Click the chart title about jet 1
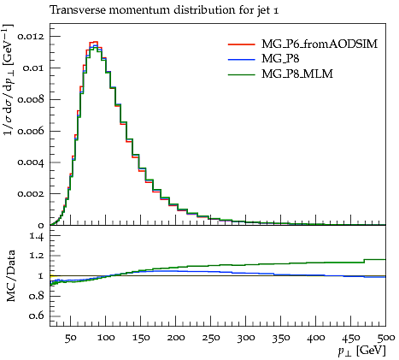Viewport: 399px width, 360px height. pyautogui.click(x=164, y=10)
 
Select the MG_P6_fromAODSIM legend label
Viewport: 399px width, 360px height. pyautogui.click(x=320, y=44)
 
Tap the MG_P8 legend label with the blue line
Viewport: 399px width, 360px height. pyautogui.click(x=280, y=59)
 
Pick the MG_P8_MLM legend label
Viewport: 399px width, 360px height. pyautogui.click(x=297, y=74)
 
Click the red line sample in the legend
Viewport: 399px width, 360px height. pyautogui.click(x=241, y=44)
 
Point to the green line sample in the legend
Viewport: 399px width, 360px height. pyautogui.click(x=241, y=74)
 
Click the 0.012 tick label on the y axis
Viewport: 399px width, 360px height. pyautogui.click(x=31, y=37)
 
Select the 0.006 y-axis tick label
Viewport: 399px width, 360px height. pyautogui.click(x=31, y=131)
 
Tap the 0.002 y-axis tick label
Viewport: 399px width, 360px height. pyautogui.click(x=31, y=194)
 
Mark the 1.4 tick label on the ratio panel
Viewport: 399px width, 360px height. pyautogui.click(x=37, y=236)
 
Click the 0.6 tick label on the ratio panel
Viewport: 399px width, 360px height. pyautogui.click(x=37, y=316)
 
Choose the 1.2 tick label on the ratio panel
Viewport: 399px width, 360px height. pyautogui.click(x=37, y=256)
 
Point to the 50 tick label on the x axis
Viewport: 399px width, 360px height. pyautogui.click(x=70, y=338)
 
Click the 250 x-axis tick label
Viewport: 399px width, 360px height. pyautogui.click(x=211, y=338)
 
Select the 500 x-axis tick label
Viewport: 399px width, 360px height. pyautogui.click(x=386, y=338)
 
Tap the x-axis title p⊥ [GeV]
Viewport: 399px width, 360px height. pyautogui.click(x=362, y=351)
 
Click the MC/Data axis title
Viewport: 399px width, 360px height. pyautogui.click(x=10, y=276)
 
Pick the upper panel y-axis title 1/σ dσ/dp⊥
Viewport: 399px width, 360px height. pyautogui.click(x=9, y=80)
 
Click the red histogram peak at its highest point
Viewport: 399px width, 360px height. pyautogui.click(x=93, y=42)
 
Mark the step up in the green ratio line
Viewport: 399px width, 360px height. pyautogui.click(x=364, y=261)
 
